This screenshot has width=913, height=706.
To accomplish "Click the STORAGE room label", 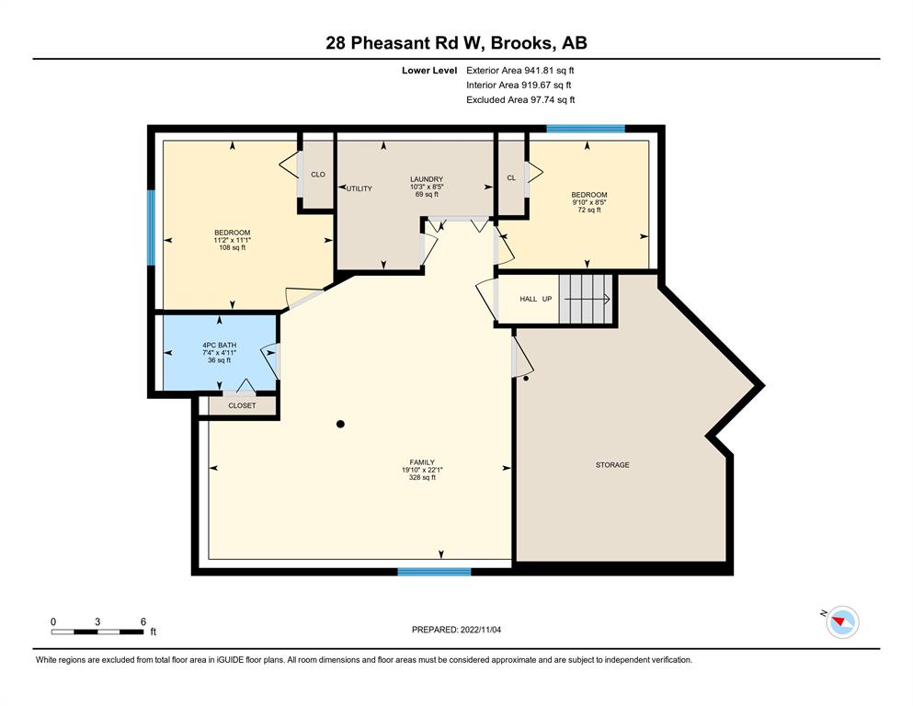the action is pos(612,465).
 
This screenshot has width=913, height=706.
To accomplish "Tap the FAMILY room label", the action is pos(422,462).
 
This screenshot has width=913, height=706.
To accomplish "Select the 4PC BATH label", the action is pos(220,345).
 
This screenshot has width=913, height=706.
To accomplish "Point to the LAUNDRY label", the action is pos(427,179).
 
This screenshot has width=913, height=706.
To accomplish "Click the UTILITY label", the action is pos(359,188).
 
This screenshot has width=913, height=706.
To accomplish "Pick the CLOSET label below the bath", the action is pos(242,405).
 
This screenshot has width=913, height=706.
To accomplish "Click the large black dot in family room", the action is pos(340,425).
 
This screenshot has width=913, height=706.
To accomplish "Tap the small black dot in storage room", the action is pos(526,379).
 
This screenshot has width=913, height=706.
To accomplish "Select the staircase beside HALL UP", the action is pos(586,299).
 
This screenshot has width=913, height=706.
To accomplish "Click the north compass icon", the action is pos(842,622).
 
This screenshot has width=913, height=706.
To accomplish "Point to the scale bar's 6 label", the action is pos(143,621).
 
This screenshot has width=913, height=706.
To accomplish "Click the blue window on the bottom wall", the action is pos(434,572).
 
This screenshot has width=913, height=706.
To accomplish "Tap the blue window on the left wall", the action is pos(151,228).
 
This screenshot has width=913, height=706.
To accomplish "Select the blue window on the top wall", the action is pos(586,129).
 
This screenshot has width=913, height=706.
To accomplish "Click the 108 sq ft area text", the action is pos(233,247).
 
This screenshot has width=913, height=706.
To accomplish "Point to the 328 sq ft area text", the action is pos(422,477).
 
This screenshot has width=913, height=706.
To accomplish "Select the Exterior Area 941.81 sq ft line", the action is pos(520,71).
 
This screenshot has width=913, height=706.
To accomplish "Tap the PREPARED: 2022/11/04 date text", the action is pos(456,630).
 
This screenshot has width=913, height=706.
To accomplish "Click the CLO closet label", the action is pos(318,175).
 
